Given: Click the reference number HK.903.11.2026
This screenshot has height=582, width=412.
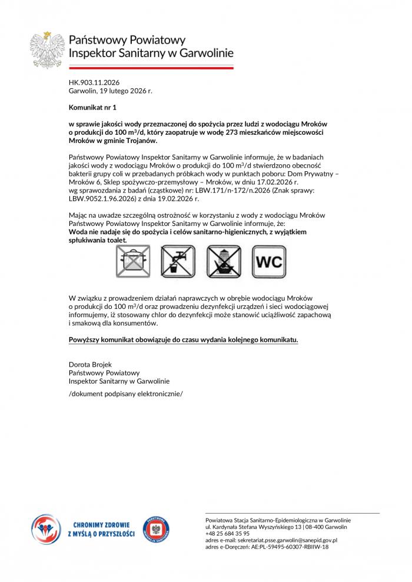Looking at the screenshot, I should [94, 82].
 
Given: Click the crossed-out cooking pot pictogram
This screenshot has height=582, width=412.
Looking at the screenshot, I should [132, 261].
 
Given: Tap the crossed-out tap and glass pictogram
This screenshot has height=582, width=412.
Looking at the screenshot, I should [178, 261].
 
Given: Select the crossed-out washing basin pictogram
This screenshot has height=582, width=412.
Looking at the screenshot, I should [224, 261].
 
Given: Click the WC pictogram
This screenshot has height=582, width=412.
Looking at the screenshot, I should [270, 261].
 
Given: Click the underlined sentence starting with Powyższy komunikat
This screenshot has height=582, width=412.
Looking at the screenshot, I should [184, 340].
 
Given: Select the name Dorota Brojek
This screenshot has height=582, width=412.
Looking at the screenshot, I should [89, 365].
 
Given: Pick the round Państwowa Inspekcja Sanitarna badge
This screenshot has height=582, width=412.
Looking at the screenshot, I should [157, 528].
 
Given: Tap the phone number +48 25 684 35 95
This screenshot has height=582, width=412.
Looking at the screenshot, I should [228, 533].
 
